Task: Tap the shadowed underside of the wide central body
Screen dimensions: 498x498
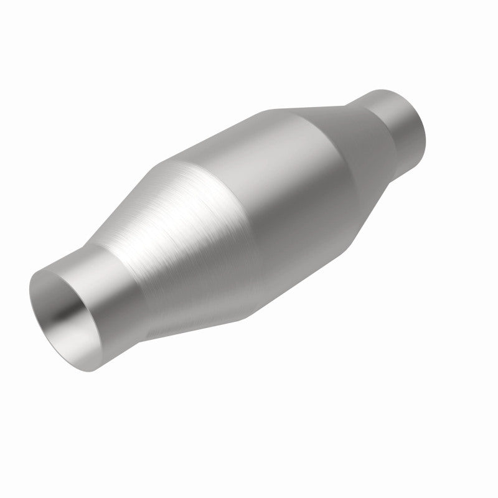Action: tap(311, 274)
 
